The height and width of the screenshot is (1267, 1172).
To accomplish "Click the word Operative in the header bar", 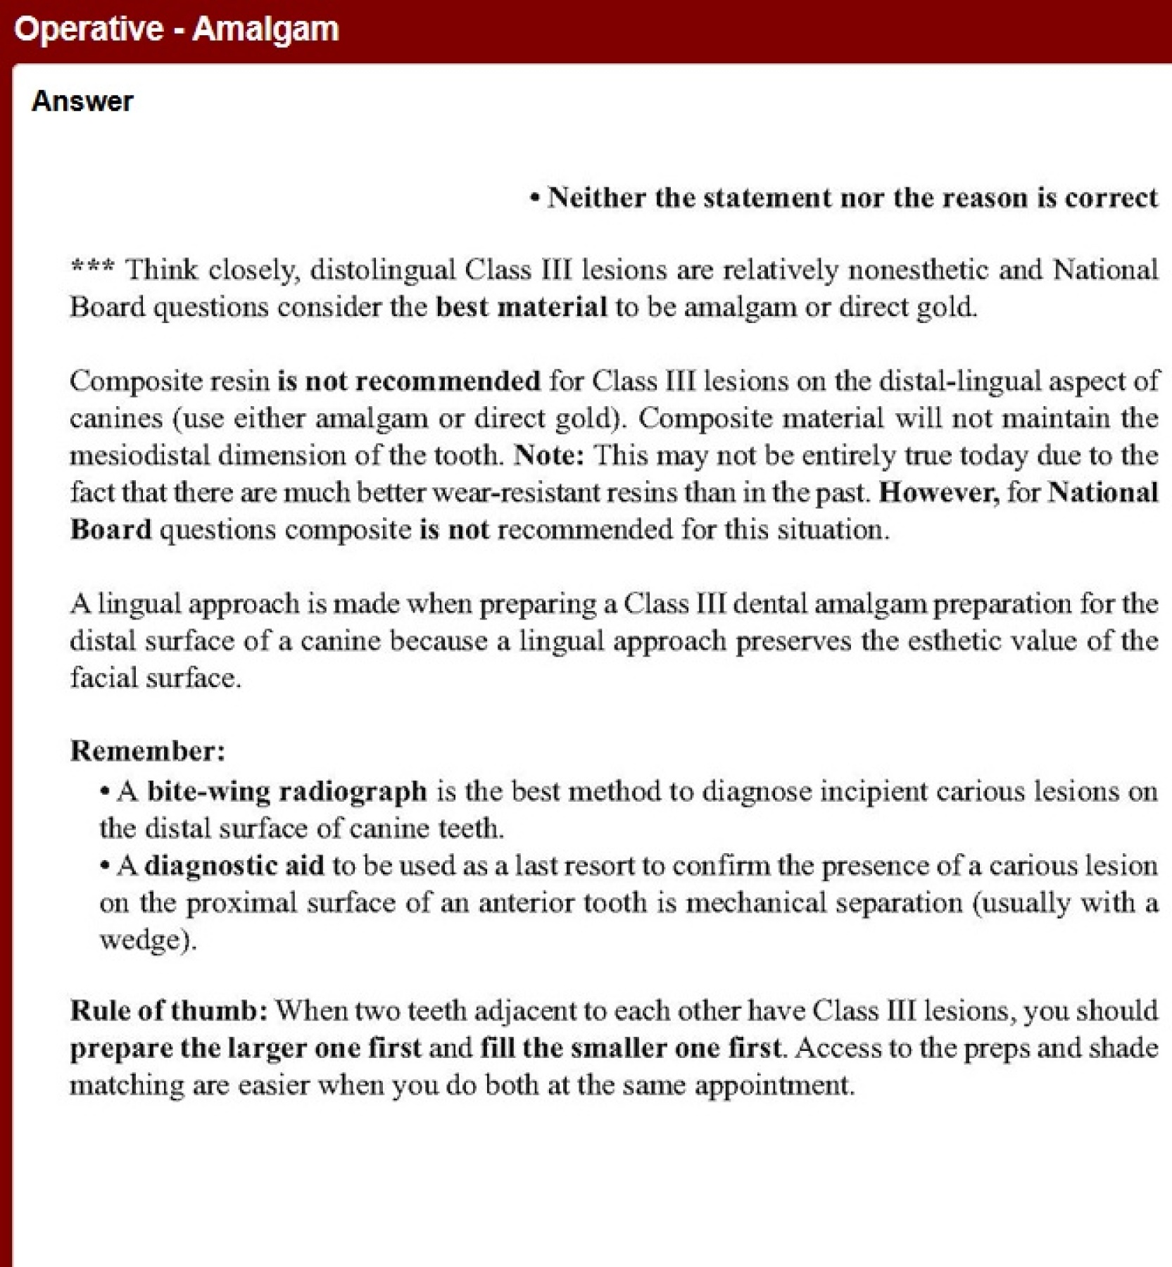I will [89, 30].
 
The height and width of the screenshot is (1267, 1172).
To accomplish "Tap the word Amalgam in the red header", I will [265, 30].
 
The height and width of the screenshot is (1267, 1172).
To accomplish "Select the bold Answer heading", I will [82, 101].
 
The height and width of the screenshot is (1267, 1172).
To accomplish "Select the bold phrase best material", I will [521, 308].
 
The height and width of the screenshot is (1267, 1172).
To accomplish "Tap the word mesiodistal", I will [139, 455].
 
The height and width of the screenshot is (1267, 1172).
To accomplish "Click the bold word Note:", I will [549, 455].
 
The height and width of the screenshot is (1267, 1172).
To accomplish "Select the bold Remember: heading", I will [148, 751].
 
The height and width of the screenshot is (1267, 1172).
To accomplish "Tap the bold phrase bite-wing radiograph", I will [286, 792].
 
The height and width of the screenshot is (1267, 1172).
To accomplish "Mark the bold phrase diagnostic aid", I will [234, 866].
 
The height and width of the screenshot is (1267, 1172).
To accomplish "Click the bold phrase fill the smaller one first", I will [631, 1049].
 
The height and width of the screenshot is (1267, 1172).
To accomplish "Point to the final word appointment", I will [774, 1085].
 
